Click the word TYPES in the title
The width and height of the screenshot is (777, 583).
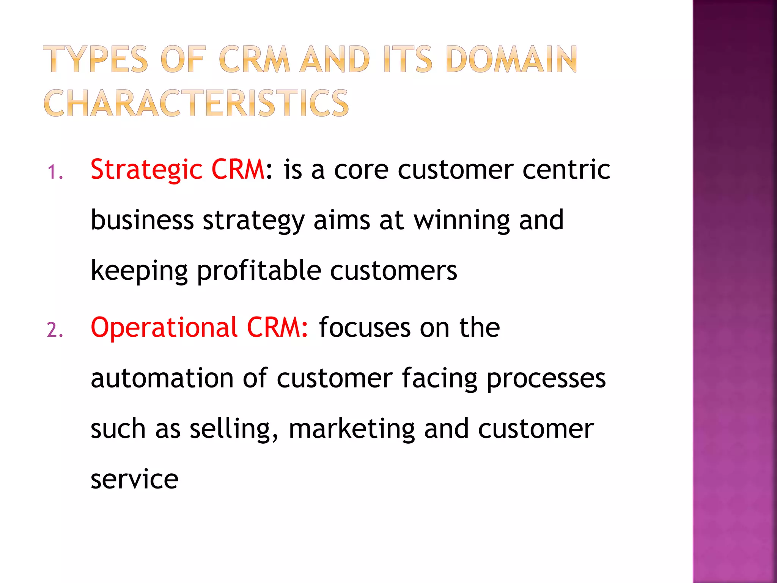[95, 59]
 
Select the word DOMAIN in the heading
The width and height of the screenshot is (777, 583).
[512, 59]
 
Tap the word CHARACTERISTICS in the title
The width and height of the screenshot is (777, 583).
[196, 103]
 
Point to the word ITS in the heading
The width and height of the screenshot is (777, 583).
[407, 59]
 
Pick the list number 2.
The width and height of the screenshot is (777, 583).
[55, 330]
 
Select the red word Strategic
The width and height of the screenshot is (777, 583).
[146, 170]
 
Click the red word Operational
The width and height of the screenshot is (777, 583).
[164, 328]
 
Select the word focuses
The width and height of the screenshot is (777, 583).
[365, 328]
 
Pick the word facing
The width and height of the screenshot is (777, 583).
[439, 379]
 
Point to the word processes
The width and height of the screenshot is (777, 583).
[546, 379]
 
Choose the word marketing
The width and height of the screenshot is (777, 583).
[352, 429]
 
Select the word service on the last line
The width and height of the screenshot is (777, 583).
[134, 479]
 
